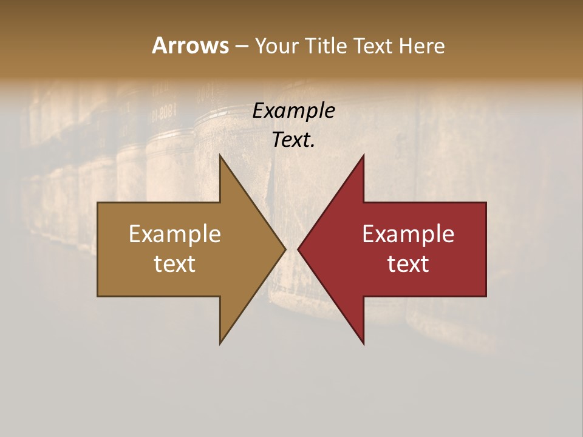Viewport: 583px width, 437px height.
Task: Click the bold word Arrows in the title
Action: pos(190,46)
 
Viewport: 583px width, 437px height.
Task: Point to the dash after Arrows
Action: pos(241,46)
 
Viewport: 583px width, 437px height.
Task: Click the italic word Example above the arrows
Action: pos(294,111)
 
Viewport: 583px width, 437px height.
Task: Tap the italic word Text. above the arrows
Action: pos(293,140)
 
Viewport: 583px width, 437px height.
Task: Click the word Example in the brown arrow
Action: pos(175,234)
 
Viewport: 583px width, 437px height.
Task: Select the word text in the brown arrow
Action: pos(175,263)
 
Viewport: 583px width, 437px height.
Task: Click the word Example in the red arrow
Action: pos(408,234)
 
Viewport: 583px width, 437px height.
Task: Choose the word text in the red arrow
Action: pos(408,263)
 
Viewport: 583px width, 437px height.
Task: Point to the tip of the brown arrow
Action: pos(285,249)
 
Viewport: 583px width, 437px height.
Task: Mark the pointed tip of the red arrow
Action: pos(298,249)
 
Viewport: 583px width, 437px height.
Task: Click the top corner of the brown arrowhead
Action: pos(220,155)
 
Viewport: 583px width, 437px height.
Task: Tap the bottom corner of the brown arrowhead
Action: pos(220,344)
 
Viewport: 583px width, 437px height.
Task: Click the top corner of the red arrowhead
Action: pos(364,155)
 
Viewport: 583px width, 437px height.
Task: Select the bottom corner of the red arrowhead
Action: pos(364,344)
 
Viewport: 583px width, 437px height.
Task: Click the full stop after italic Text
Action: pos(313,146)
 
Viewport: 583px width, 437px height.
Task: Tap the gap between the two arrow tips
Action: pos(291,249)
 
